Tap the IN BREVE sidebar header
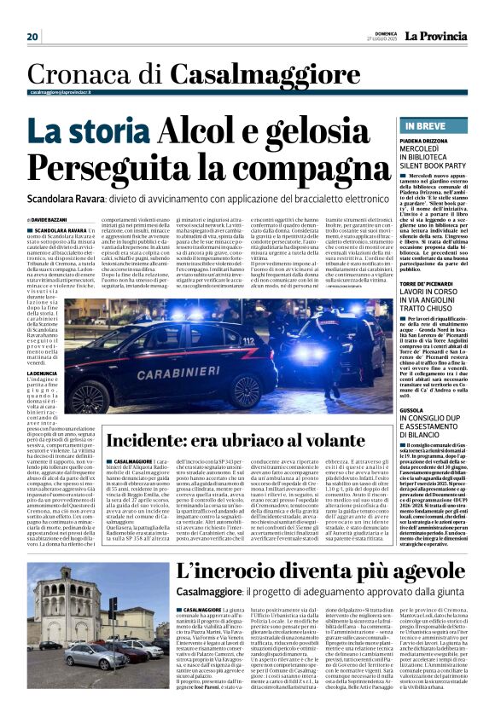[419, 124]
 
